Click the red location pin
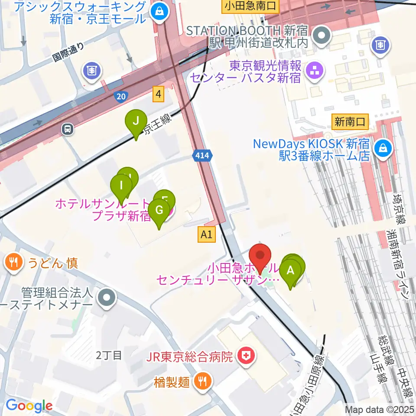(260, 257)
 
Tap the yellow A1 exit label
(207, 234)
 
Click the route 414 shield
(203, 157)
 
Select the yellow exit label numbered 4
(159, 94)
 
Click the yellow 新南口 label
(350, 122)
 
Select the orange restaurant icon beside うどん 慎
(14, 262)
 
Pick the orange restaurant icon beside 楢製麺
(202, 382)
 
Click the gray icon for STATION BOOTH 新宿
(322, 36)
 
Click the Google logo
(29, 406)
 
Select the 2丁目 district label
(109, 356)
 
